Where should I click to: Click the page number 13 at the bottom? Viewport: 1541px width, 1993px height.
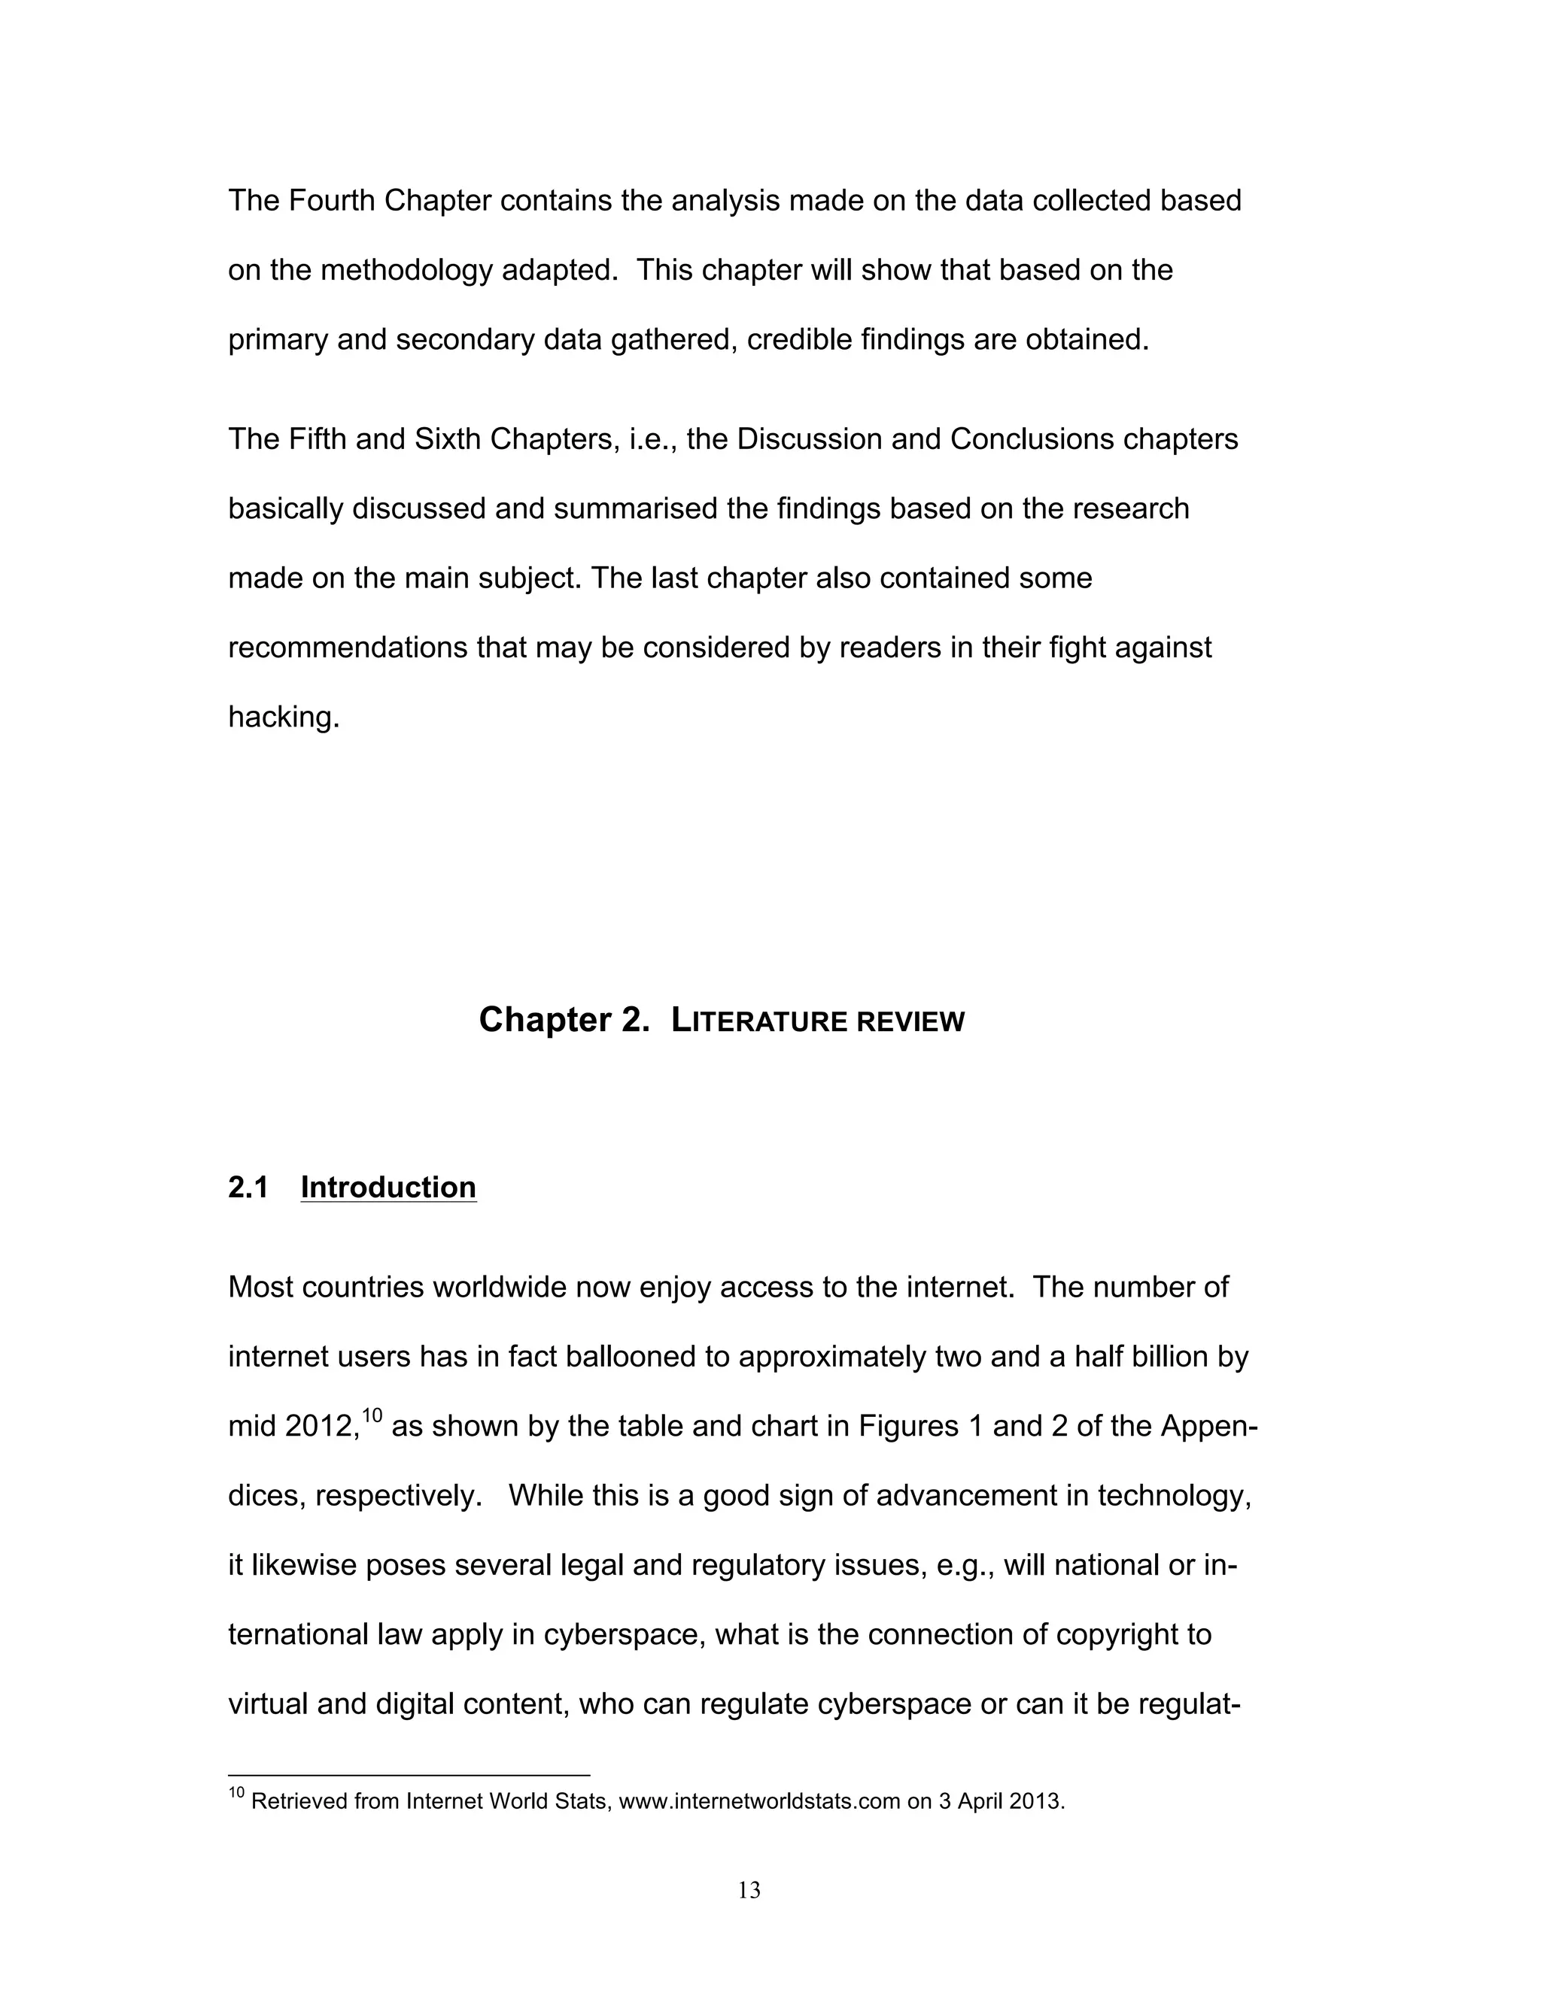[749, 1890]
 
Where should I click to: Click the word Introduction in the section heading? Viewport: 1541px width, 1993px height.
[388, 1188]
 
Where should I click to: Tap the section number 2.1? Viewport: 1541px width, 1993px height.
[248, 1188]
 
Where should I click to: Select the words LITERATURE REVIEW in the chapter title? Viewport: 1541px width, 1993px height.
[817, 1021]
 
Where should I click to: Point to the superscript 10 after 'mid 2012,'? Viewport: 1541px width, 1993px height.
[372, 1415]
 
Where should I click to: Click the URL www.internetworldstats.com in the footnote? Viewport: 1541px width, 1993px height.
[759, 1802]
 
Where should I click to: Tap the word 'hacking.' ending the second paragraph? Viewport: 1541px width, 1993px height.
[283, 717]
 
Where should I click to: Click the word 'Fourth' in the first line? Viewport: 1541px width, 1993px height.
[333, 201]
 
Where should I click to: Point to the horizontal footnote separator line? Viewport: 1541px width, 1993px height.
[409, 1775]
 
